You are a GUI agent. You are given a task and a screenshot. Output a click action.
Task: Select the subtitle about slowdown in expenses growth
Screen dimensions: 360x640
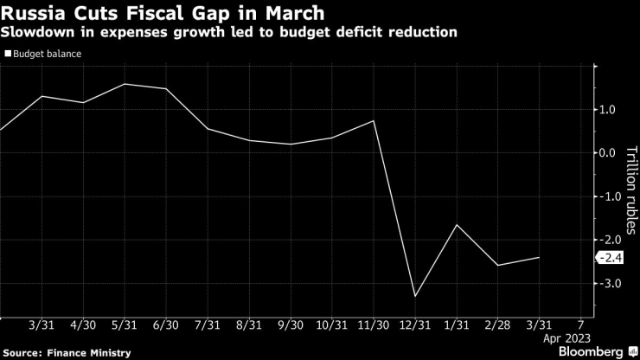(x=229, y=33)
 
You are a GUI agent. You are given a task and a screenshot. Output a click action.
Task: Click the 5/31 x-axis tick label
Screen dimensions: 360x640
(x=125, y=325)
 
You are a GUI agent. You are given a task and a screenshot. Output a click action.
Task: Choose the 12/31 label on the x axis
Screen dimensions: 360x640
(x=416, y=325)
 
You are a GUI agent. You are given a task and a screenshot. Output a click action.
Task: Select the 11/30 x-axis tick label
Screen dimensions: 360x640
(x=374, y=325)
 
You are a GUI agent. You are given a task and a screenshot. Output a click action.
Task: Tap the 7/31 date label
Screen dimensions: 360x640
(x=208, y=325)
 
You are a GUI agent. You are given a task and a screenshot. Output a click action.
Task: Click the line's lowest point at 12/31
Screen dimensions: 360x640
(x=416, y=297)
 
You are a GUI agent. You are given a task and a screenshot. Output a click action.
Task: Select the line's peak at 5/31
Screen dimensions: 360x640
(x=125, y=84)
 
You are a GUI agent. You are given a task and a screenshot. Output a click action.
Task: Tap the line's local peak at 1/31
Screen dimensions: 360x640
(x=457, y=225)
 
